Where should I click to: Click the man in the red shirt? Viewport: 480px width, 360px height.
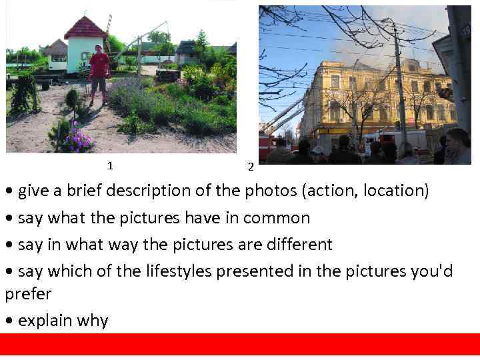click(99, 72)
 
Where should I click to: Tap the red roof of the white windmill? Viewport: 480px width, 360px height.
click(85, 28)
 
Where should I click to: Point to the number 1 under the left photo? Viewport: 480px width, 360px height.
click(110, 165)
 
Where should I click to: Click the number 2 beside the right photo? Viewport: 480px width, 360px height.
click(250, 167)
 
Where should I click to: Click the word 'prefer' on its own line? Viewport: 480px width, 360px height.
click(28, 294)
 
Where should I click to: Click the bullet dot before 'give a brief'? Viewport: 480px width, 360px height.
click(9, 191)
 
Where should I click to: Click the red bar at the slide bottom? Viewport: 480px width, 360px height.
click(240, 344)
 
